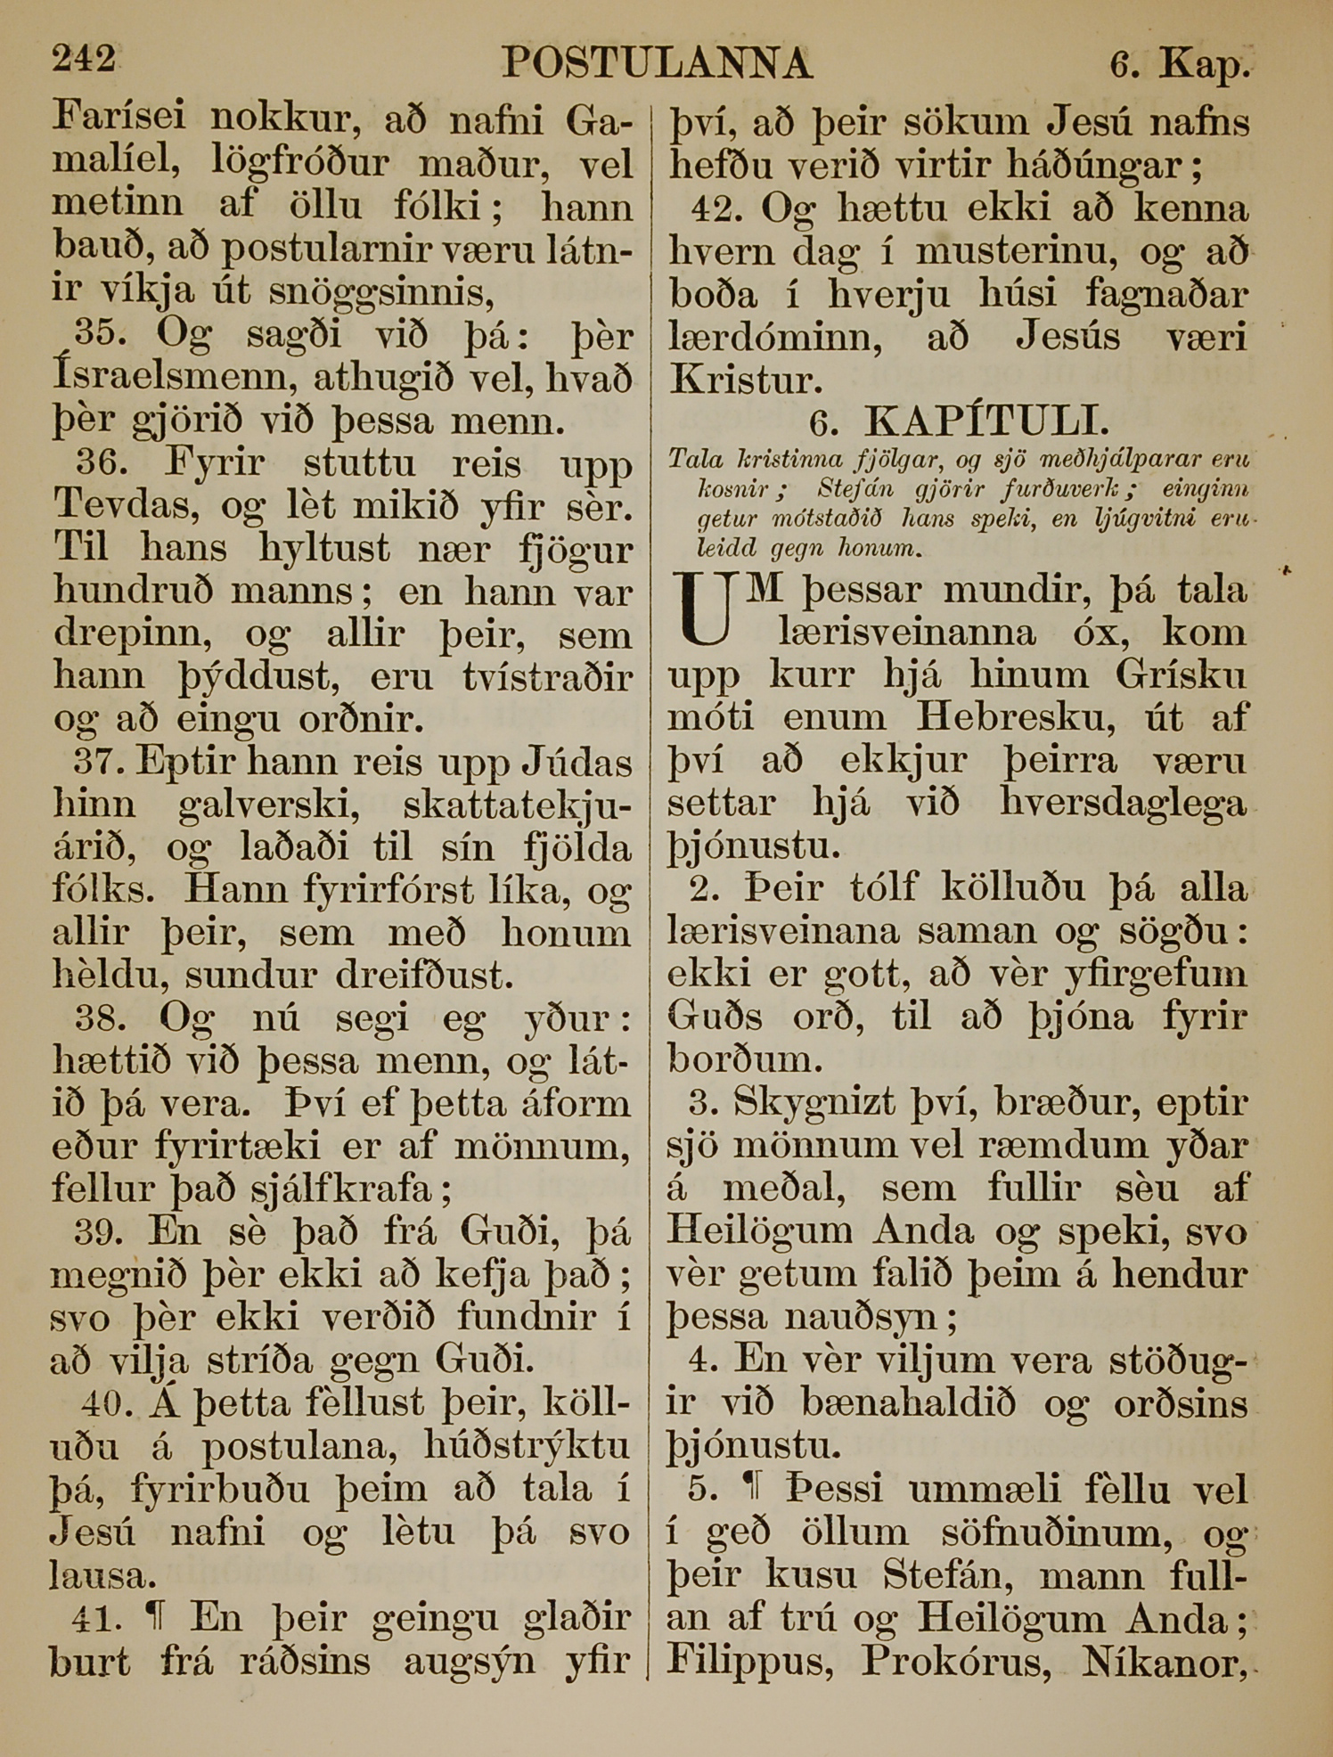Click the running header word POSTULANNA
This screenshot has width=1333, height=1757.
(657, 64)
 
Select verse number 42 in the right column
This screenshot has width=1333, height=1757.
(717, 209)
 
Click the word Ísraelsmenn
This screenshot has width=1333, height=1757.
(174, 378)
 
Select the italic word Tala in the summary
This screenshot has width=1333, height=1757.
(691, 460)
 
